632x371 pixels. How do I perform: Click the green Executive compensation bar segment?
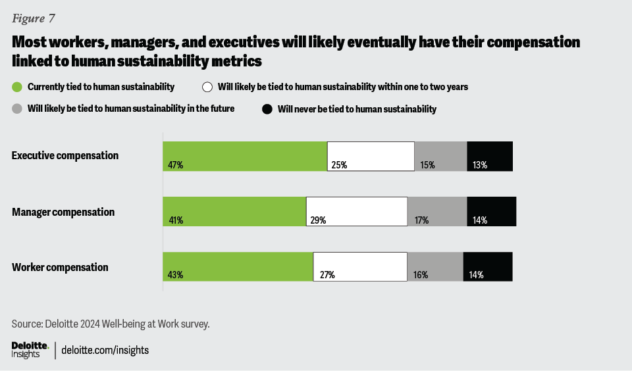[245, 156]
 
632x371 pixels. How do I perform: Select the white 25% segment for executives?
[371, 156]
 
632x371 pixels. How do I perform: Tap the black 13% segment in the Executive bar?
[489, 156]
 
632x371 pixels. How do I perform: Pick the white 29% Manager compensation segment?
[357, 211]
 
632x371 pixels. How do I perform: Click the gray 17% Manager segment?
[437, 211]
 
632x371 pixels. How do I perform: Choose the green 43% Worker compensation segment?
[238, 266]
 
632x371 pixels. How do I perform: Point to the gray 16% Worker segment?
[435, 266]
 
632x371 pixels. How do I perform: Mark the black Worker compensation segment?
[488, 266]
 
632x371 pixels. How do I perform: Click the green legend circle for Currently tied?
[17, 87]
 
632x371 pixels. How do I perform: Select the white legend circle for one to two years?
[207, 87]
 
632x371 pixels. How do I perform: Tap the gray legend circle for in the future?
[17, 109]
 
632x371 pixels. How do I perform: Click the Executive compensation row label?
[65, 156]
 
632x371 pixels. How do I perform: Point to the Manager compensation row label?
[63, 212]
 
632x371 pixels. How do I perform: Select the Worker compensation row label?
[60, 268]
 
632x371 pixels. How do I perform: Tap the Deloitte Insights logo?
[30, 349]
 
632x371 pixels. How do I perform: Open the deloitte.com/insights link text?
[105, 350]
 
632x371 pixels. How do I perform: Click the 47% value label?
[174, 165]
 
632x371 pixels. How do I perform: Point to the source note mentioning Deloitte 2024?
[111, 324]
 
